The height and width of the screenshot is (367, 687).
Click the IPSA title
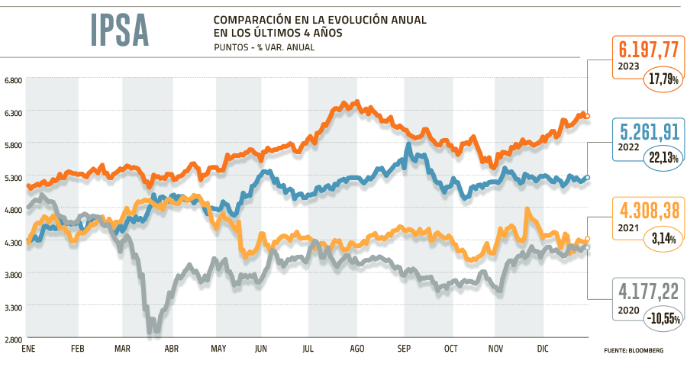[119, 30]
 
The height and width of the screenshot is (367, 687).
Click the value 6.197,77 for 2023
[648, 50]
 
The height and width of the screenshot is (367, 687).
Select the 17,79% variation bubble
[663, 78]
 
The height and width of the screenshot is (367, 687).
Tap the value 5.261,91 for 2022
[648, 132]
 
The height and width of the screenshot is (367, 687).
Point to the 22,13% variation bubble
[663, 158]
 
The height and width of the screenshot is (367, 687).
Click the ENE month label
[29, 349]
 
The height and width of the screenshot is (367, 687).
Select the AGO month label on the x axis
[356, 349]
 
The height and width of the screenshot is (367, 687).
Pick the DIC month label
[543, 349]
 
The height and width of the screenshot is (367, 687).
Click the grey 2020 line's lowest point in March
[153, 334]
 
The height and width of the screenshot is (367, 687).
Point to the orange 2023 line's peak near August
[348, 102]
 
